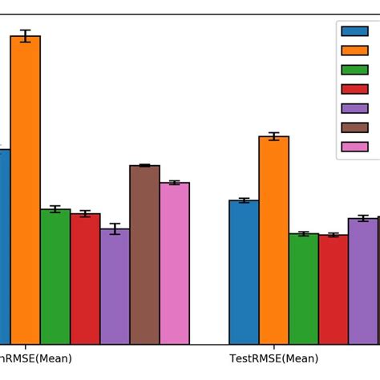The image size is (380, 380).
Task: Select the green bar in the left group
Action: pyautogui.click(x=55, y=277)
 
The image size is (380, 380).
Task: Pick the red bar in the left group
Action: pyautogui.click(x=85, y=279)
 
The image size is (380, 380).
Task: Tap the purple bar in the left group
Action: pyautogui.click(x=115, y=286)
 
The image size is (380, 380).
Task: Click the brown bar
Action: pyautogui.click(x=144, y=255)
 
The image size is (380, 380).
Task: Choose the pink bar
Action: pyautogui.click(x=174, y=264)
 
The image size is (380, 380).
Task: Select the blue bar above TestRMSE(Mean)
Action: pyautogui.click(x=244, y=273)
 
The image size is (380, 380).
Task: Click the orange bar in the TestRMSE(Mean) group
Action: pyautogui.click(x=273, y=241)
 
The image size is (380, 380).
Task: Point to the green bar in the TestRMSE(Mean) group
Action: pyautogui.click(x=303, y=289)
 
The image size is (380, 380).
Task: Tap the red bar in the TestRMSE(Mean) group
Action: pyautogui.click(x=333, y=289)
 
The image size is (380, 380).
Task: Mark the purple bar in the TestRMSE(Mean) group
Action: pyautogui.click(x=363, y=281)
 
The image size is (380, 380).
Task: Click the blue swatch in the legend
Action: pyautogui.click(x=354, y=31)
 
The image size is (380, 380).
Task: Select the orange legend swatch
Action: pyautogui.click(x=354, y=51)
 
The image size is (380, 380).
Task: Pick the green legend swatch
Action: pyautogui.click(x=354, y=70)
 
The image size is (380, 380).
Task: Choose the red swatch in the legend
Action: pyautogui.click(x=354, y=89)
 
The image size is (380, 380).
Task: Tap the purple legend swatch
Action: pyautogui.click(x=354, y=108)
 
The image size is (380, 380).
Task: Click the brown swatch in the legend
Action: pyautogui.click(x=354, y=127)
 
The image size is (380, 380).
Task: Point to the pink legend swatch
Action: pyautogui.click(x=354, y=147)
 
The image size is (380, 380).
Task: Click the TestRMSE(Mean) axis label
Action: pyautogui.click(x=273, y=358)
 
